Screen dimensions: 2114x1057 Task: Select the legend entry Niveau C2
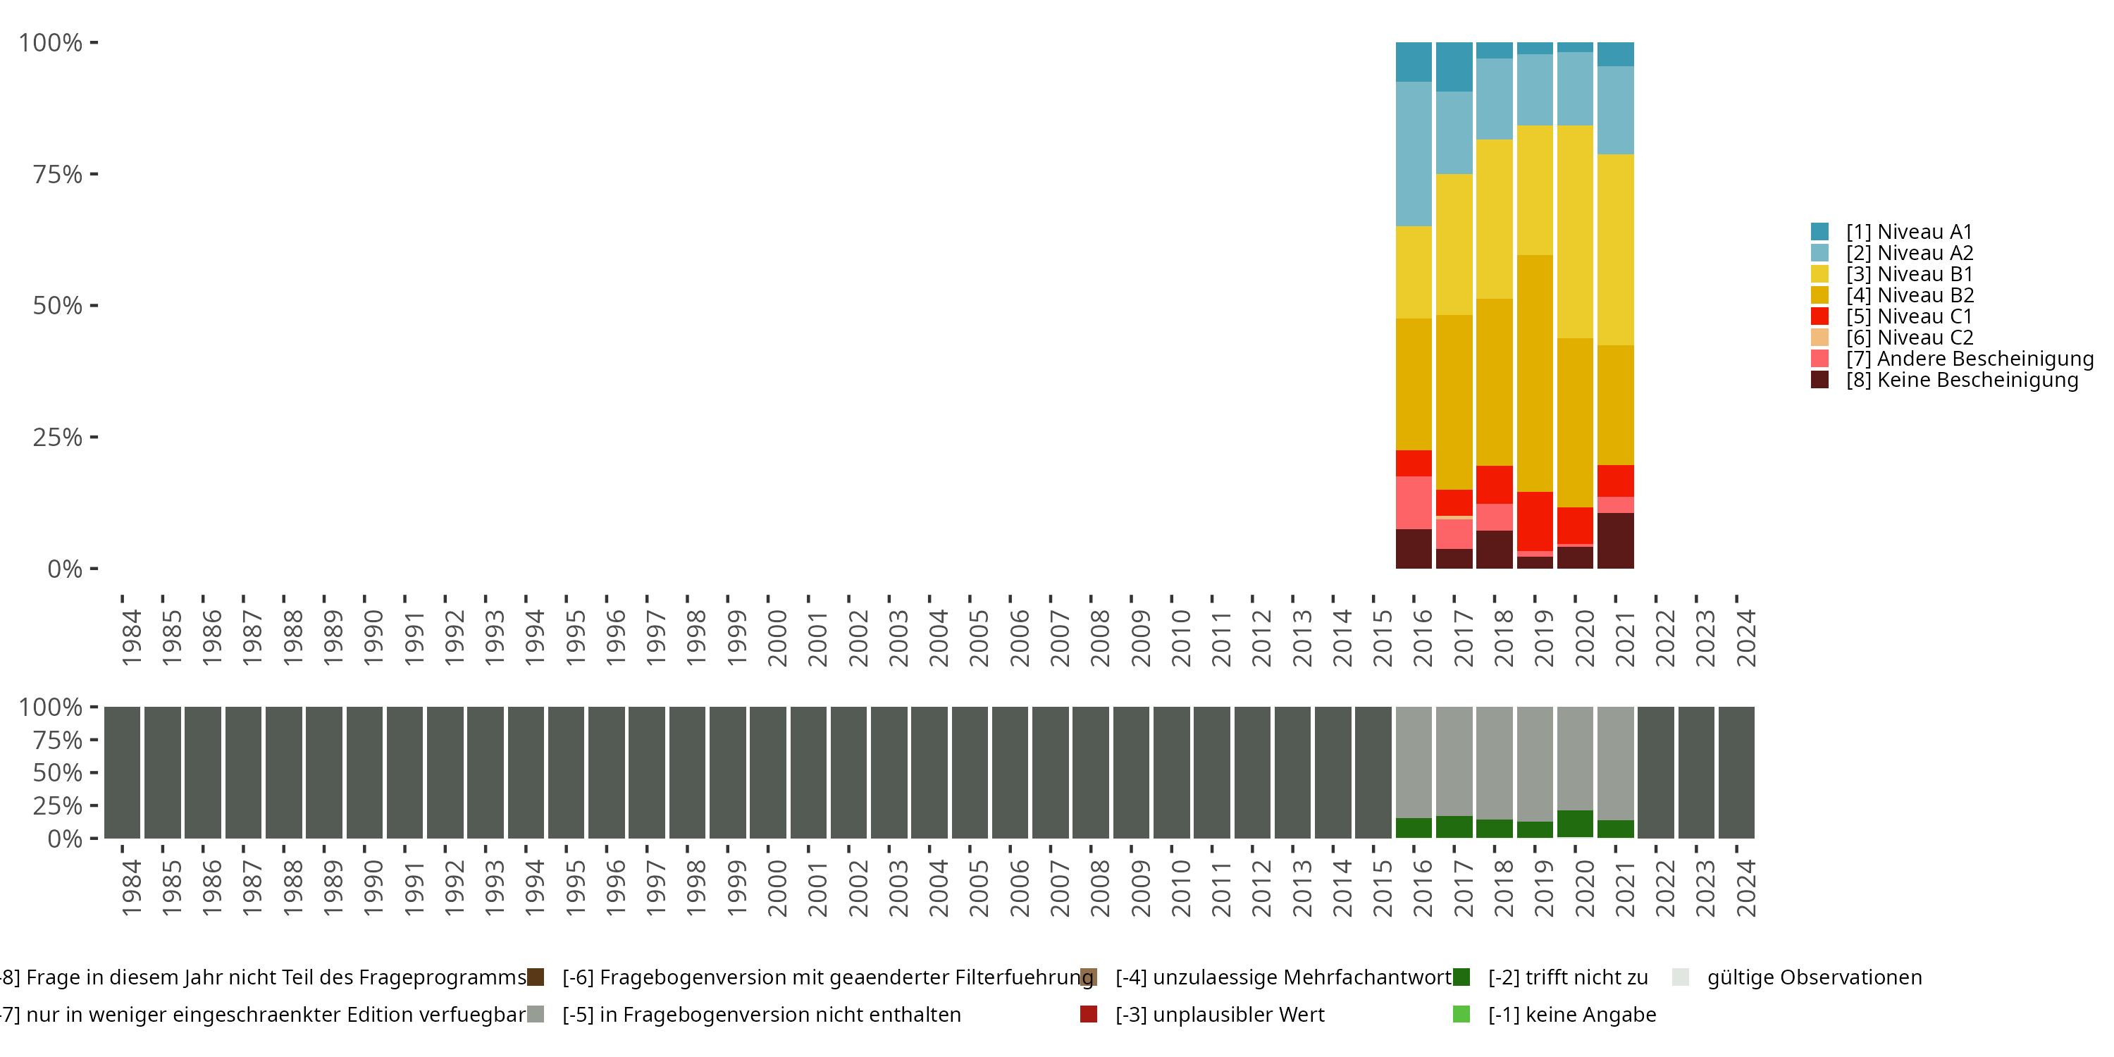point(1891,338)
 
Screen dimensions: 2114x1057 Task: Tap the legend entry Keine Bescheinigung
point(1944,380)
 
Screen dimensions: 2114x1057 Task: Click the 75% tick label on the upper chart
point(58,174)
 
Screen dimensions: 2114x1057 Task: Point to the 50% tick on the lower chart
point(58,772)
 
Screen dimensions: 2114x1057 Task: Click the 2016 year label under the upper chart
point(1422,638)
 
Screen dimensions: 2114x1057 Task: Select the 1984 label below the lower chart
point(131,888)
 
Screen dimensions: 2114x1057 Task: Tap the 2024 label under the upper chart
point(1745,638)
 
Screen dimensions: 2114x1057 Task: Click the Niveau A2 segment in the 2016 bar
point(1414,154)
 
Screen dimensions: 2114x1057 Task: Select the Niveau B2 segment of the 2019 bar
point(1535,373)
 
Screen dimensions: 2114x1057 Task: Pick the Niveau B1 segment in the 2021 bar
point(1615,249)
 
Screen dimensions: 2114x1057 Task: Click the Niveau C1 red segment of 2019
point(1535,522)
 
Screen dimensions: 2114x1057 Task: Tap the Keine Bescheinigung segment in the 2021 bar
point(1615,540)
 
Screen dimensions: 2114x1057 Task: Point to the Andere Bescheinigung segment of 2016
point(1414,503)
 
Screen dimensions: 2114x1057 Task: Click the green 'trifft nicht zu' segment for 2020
point(1575,824)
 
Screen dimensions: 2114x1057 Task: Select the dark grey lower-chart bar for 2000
point(768,772)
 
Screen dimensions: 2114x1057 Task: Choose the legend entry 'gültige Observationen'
point(1797,977)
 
